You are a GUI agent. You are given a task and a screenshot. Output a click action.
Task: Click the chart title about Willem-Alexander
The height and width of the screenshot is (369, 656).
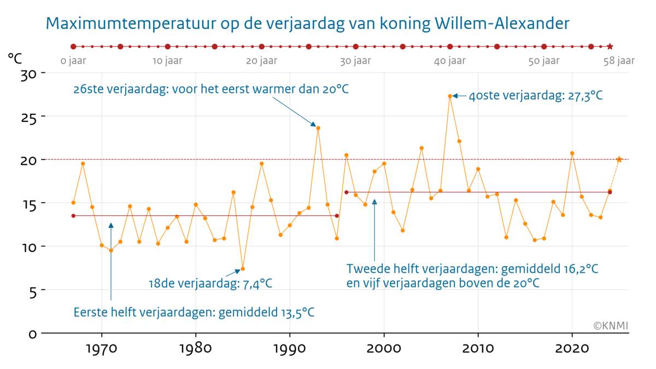pyautogui.click(x=308, y=24)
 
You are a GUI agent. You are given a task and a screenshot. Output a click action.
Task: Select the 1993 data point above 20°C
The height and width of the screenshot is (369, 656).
pyautogui.click(x=318, y=128)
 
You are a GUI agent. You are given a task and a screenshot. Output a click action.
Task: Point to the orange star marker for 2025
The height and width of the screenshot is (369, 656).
pyautogui.click(x=619, y=159)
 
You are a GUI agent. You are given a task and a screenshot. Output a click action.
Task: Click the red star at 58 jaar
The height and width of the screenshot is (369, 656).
pyautogui.click(x=610, y=46)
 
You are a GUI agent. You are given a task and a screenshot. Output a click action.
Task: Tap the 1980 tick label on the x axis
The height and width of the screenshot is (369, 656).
pyautogui.click(x=195, y=348)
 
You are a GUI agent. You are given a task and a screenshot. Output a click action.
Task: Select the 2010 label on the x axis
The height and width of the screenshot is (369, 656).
pyautogui.click(x=478, y=348)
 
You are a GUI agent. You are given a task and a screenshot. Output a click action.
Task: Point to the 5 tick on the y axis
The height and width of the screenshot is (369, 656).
pyautogui.click(x=32, y=290)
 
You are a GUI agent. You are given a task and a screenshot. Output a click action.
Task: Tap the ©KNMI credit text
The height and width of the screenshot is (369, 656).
pyautogui.click(x=611, y=326)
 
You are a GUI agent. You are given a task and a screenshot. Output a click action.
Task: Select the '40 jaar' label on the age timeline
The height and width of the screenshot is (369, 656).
pyautogui.click(x=450, y=61)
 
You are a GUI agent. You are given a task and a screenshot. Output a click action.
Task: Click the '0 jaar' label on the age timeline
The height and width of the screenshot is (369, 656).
pyautogui.click(x=73, y=61)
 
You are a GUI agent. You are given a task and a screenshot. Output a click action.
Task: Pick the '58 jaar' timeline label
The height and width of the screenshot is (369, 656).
pyautogui.click(x=619, y=61)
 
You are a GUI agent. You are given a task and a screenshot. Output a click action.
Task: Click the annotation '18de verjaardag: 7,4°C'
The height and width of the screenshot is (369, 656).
pyautogui.click(x=210, y=284)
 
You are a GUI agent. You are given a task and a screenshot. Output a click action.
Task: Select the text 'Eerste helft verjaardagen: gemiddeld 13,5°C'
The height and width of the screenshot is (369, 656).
pyautogui.click(x=194, y=313)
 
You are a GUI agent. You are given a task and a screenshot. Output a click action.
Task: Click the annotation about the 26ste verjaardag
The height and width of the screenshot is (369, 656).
pyautogui.click(x=211, y=89)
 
